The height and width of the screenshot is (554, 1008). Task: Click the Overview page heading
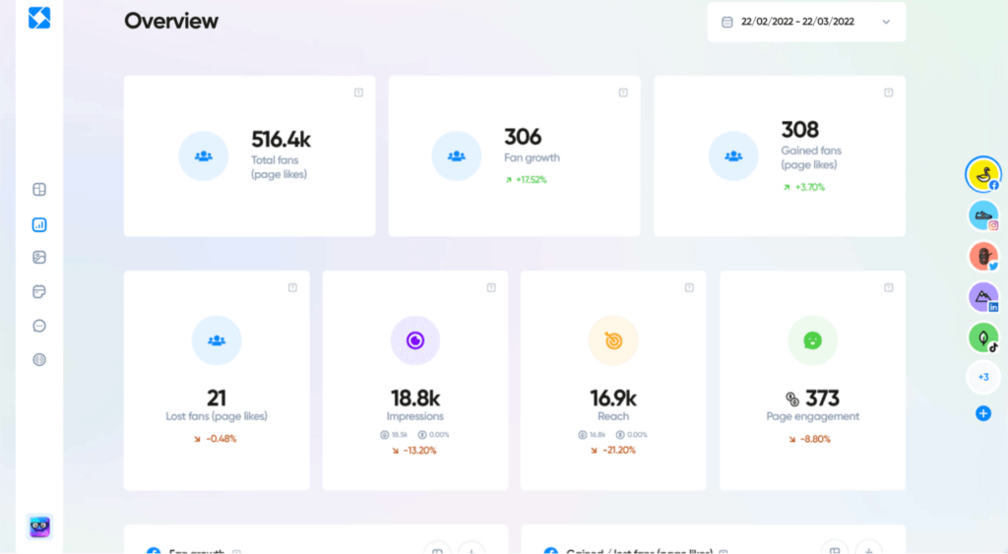171,22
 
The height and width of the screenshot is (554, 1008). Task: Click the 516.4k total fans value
281,139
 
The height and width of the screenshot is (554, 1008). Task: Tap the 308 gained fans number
799,130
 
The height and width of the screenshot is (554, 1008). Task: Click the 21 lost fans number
217,398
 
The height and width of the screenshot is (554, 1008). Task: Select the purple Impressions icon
415,340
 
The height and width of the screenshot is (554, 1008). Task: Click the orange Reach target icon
613,340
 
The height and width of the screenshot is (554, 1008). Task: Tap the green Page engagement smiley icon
812,340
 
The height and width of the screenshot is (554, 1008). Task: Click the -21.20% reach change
613,451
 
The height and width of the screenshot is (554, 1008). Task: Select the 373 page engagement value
822,398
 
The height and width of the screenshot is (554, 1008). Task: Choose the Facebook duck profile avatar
981,174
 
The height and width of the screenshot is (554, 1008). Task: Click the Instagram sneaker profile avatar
982,215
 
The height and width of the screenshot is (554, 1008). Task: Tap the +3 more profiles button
982,377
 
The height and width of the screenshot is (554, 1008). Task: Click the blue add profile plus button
982,413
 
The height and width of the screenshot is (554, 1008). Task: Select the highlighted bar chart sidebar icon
39,224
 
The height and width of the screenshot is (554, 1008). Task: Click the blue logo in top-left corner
39,18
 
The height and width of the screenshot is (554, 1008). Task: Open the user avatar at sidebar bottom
39,527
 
